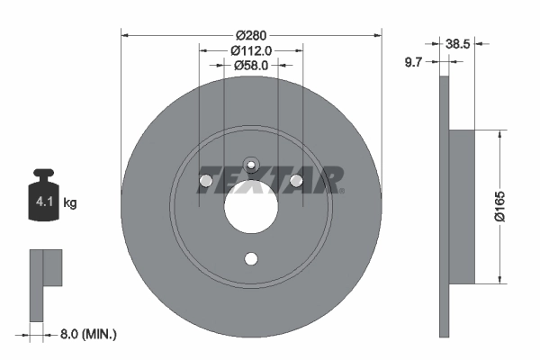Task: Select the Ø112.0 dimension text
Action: [252, 50]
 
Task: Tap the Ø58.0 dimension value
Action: [252, 65]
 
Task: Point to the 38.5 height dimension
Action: [458, 41]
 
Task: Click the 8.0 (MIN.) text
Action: [86, 334]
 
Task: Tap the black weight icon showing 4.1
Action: [43, 202]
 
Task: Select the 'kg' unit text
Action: [70, 203]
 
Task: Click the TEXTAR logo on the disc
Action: [270, 178]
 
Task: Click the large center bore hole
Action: [252, 211]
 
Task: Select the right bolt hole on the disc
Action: [297, 183]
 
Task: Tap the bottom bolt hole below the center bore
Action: [252, 260]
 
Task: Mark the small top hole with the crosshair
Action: [252, 165]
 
